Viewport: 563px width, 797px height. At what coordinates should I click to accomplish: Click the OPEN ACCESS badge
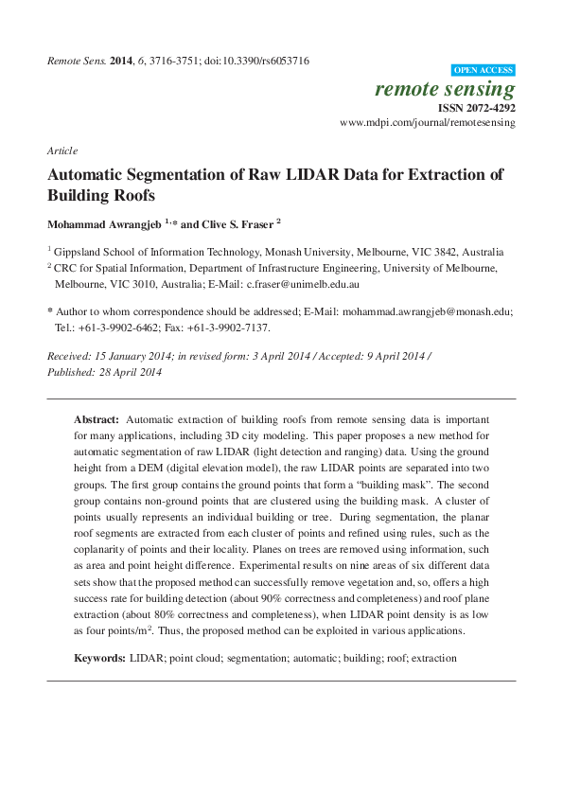point(484,71)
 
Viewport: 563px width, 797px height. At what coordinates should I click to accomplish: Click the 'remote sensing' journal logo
point(445,90)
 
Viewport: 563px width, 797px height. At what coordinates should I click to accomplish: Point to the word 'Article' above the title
point(62,151)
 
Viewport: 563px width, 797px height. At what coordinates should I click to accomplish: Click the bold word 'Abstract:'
point(97,418)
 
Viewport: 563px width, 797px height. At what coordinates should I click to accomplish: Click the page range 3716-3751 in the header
point(165,61)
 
